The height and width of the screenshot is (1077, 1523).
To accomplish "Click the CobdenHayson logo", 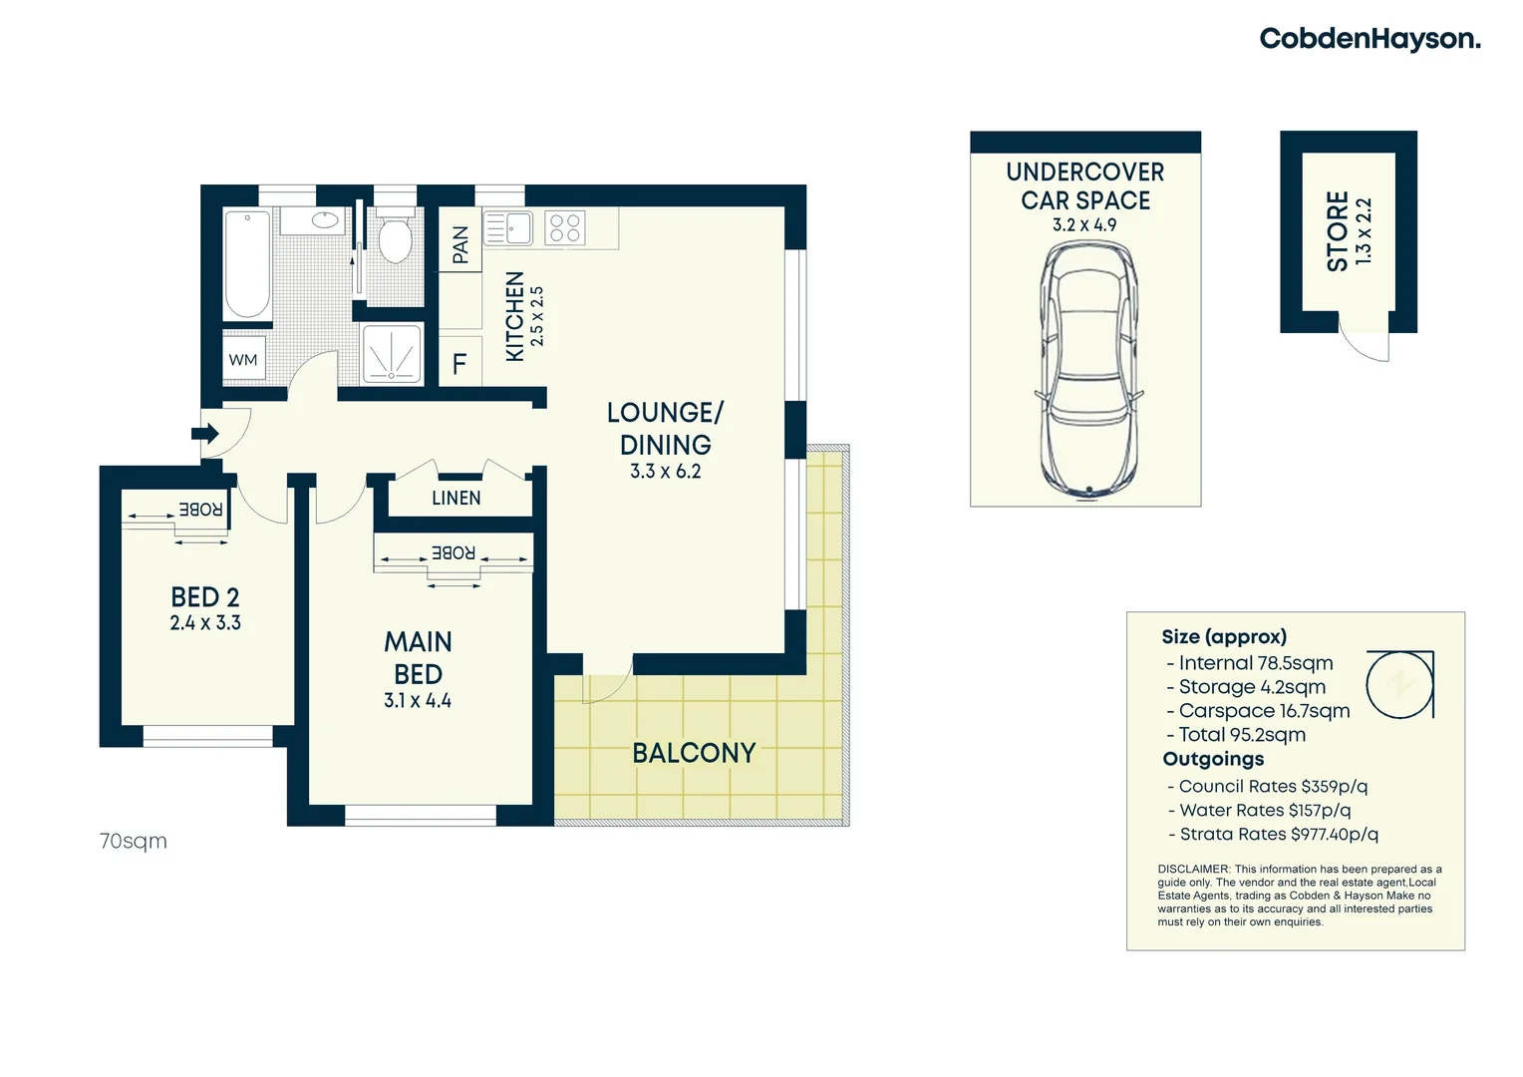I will (x=1370, y=39).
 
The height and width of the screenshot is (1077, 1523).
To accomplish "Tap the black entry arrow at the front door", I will (x=205, y=434).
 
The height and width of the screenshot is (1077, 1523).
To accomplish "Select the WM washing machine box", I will (x=243, y=360).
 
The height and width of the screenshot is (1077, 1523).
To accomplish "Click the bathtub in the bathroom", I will (x=246, y=263).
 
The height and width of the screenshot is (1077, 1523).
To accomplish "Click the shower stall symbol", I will (x=391, y=354).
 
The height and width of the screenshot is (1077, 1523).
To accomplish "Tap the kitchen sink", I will (x=508, y=228).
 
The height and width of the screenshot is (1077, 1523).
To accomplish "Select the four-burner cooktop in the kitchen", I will (x=564, y=228).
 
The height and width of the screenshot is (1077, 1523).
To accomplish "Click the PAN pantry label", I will (x=460, y=244).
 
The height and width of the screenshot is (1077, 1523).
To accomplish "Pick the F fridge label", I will (x=459, y=364).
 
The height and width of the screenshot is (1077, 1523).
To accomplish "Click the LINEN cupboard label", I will (x=457, y=498).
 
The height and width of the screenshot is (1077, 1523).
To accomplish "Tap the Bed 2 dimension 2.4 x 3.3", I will (x=205, y=623).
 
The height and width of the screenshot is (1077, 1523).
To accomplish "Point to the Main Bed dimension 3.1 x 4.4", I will (x=418, y=701).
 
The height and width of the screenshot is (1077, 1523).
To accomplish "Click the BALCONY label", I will (x=694, y=753).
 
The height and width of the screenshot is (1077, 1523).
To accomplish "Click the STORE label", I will (x=1338, y=231).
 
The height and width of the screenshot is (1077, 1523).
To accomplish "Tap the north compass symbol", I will (x=1399, y=684).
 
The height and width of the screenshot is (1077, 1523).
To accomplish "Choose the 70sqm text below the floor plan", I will (x=134, y=842).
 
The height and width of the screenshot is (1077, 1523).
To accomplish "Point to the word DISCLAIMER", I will (x=1193, y=870).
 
